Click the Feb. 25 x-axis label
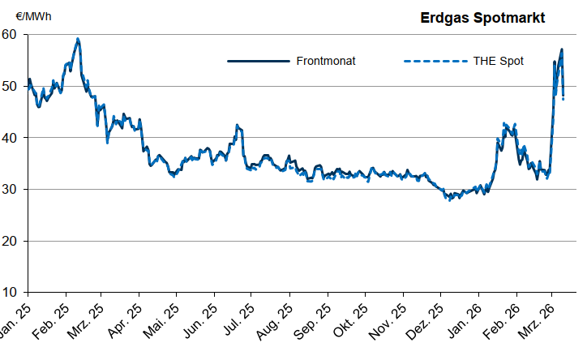click(53, 322)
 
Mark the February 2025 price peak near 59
click(78, 39)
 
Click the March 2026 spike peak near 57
click(562, 49)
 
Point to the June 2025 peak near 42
click(237, 126)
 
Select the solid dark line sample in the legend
click(258, 61)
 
